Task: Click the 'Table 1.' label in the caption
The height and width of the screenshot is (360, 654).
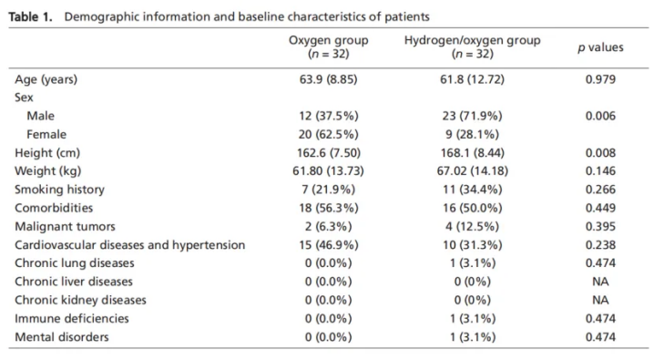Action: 30,16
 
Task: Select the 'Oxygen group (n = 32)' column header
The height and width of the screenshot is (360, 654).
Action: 328,46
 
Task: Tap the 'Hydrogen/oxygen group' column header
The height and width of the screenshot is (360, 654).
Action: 472,40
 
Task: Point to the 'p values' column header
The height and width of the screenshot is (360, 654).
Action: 600,47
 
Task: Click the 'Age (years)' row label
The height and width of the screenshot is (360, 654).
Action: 46,79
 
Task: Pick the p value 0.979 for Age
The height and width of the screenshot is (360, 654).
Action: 600,79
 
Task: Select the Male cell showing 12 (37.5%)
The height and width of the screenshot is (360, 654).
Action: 328,116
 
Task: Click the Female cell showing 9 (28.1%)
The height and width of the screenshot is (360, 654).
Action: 472,134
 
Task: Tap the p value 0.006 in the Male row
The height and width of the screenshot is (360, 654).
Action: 600,116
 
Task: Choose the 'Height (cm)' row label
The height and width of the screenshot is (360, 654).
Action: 47,153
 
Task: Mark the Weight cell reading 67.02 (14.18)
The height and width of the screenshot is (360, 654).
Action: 472,171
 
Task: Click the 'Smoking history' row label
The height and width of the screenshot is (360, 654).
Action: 59,190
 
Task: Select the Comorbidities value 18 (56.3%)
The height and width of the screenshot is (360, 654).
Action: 328,208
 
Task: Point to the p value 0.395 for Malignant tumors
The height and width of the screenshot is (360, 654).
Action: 600,227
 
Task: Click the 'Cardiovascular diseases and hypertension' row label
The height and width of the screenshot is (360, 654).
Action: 129,245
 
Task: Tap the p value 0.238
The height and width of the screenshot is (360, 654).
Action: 600,245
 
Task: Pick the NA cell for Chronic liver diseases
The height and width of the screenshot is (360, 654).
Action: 600,282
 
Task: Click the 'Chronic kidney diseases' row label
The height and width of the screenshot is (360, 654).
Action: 80,300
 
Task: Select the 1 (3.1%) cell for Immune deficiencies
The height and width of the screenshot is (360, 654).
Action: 472,319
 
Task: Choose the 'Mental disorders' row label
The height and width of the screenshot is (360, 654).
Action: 61,337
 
